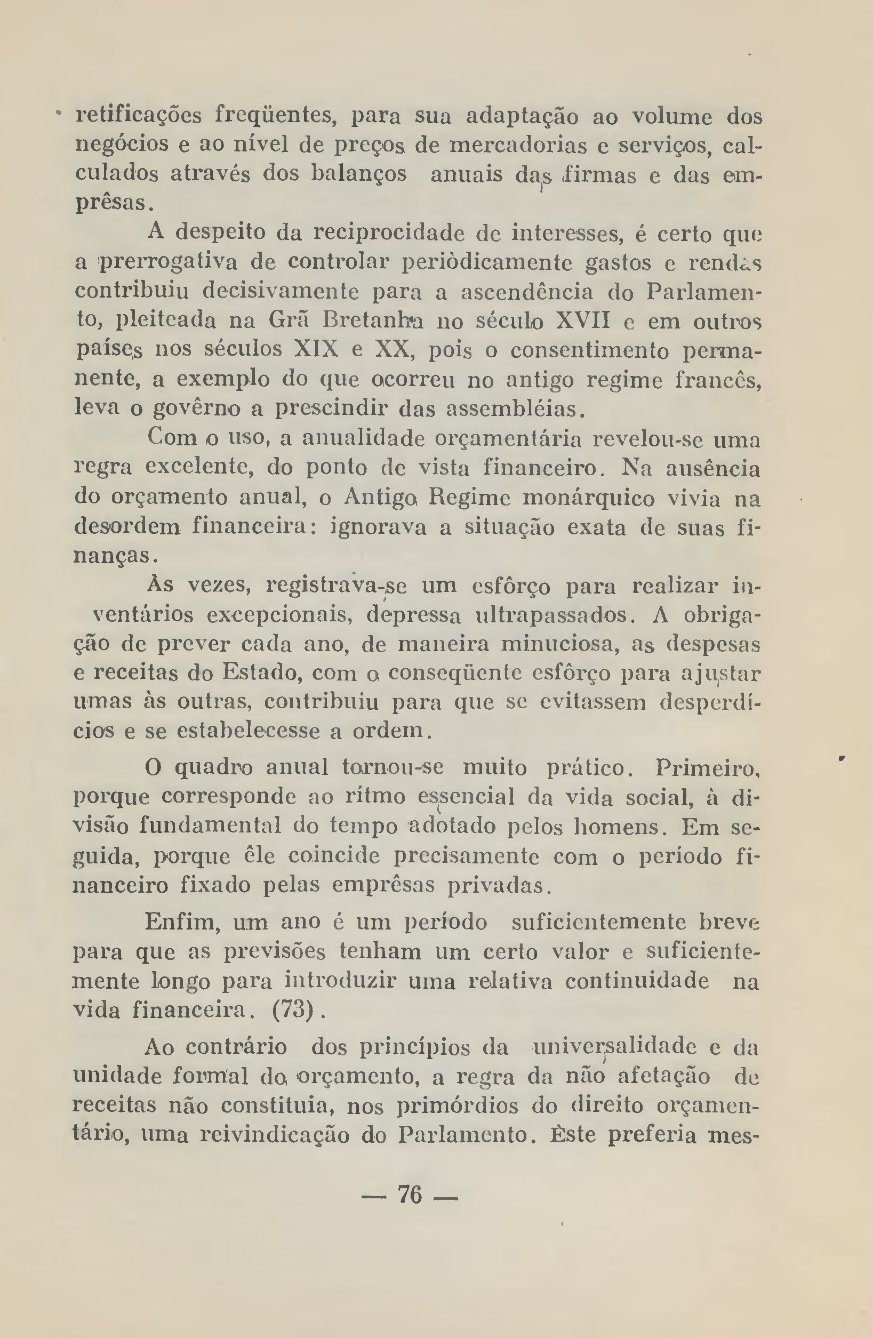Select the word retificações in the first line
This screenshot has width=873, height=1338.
(x=138, y=116)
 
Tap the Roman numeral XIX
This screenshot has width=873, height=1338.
(x=316, y=350)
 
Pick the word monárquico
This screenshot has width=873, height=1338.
(x=584, y=498)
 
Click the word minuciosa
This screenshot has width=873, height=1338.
(x=560, y=644)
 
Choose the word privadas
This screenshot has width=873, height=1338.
(x=495, y=885)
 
